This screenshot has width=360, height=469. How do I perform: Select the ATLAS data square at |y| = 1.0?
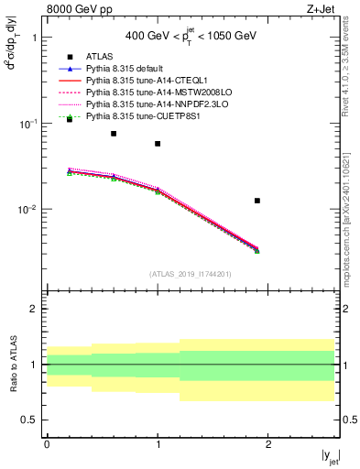[158, 144]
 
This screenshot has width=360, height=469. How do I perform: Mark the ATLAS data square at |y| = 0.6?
[114, 134]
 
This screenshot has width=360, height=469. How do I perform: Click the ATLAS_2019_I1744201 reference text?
[191, 273]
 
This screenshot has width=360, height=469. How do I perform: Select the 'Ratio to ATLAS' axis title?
[14, 365]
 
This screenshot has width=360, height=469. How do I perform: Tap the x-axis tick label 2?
[268, 443]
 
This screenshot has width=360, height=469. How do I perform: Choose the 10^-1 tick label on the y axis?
[28, 124]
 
